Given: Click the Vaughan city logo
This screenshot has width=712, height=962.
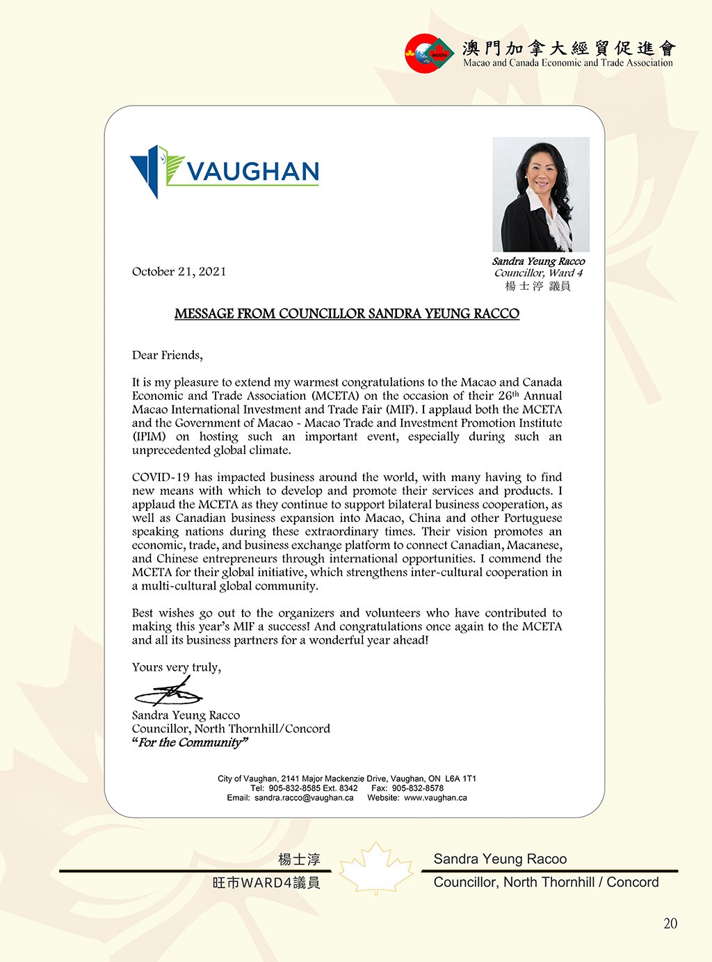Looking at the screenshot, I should point(224,171).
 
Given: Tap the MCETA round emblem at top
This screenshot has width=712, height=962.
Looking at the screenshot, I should point(430,53).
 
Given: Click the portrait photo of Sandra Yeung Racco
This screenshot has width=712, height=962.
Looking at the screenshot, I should point(540,195).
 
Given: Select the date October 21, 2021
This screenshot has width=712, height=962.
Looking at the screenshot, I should point(179,272).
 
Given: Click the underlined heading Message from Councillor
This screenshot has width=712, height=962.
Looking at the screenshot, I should point(346,313).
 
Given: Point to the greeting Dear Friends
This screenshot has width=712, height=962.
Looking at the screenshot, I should point(167,355).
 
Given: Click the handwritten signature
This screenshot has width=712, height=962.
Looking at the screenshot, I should point(168,693).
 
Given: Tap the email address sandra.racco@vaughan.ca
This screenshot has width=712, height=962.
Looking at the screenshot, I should point(304,798).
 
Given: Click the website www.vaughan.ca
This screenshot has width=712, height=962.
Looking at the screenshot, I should point(435,798).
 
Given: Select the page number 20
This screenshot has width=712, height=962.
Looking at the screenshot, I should point(670,923).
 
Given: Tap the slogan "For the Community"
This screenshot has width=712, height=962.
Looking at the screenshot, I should point(189,742).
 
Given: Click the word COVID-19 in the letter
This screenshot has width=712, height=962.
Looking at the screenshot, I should point(161,478).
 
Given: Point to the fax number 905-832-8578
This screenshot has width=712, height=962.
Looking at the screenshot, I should point(417,788).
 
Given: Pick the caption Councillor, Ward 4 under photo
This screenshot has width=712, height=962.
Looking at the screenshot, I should point(538,273).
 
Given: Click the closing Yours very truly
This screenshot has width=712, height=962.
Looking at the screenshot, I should point(177,667).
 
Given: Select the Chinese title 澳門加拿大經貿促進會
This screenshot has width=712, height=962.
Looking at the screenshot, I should point(569,48).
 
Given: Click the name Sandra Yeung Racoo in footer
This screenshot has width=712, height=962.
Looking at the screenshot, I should point(500,859).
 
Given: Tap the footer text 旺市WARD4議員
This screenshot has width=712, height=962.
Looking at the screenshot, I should point(266,883).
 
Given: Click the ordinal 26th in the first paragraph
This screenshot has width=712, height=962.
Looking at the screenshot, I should point(508,396).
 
